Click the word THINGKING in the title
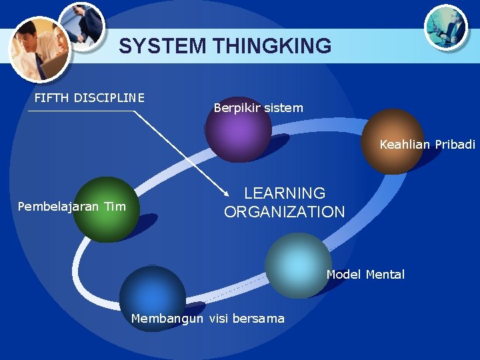tap(272, 46)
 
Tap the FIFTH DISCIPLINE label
tap(89, 98)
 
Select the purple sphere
tap(238, 129)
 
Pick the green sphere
tap(105, 209)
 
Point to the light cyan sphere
tap(297, 265)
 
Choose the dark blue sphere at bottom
tap(153, 297)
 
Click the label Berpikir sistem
tap(258, 107)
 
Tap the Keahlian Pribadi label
tap(427, 144)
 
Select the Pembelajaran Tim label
tap(71, 206)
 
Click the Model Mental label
tap(365, 275)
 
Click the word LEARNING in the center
tap(285, 193)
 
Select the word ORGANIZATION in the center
tap(285, 212)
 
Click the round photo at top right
tap(446, 26)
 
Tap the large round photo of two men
tap(39, 49)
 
